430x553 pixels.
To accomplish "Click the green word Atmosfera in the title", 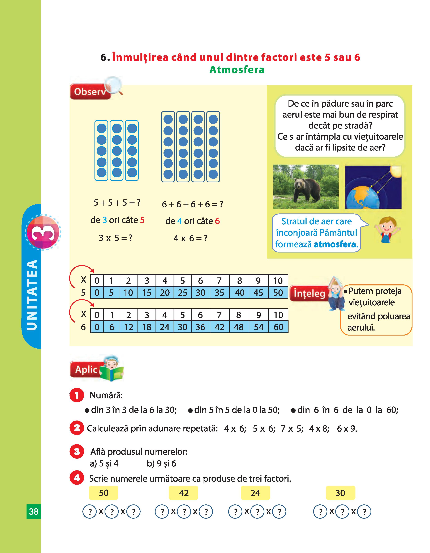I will tap(237, 70).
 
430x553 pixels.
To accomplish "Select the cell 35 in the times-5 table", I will tap(219, 293).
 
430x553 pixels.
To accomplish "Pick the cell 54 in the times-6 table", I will tap(259, 327).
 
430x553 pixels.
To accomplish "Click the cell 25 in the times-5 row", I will tap(182, 293).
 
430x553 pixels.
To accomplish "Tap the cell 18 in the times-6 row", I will tap(147, 327).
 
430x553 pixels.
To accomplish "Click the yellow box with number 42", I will tap(184, 493).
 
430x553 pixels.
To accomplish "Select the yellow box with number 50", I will tap(104, 493).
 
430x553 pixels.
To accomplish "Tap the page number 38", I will tap(34, 512).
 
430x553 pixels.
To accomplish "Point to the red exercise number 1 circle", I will tap(77, 395).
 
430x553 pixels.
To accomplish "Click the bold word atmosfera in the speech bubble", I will tap(335, 244).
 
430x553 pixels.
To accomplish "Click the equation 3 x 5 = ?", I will tap(115, 238).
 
